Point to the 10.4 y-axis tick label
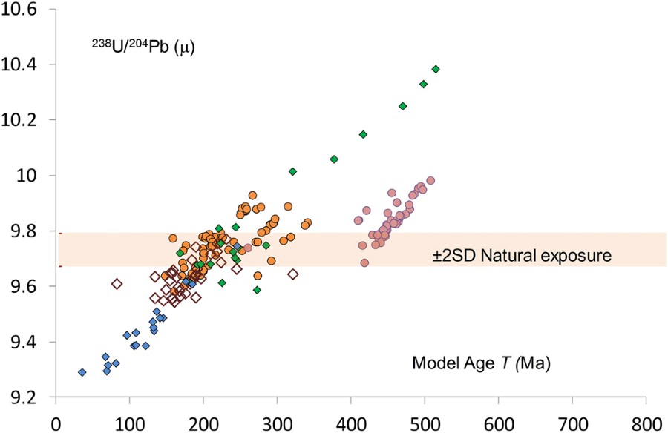tap(27, 65)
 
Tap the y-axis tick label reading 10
tap(35, 176)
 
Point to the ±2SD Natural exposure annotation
tap(522, 256)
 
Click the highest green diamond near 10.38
tap(436, 69)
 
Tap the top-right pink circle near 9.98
tap(430, 181)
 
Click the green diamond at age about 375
tap(334, 159)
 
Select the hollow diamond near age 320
tap(292, 274)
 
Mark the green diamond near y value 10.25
tap(402, 106)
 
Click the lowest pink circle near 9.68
tap(364, 263)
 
